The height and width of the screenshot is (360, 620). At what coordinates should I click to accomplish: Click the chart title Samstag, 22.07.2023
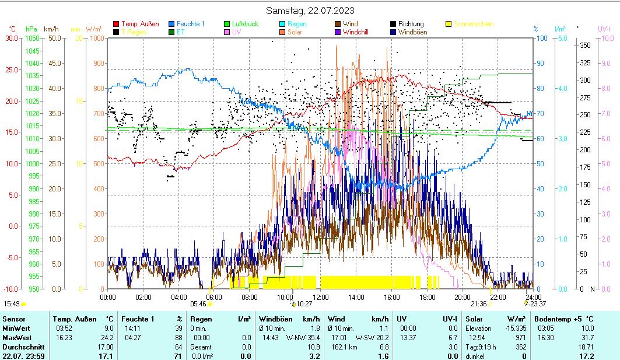(310, 11)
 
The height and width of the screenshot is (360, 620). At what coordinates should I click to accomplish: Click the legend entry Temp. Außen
(140, 24)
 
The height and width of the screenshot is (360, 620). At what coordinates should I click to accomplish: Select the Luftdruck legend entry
(245, 24)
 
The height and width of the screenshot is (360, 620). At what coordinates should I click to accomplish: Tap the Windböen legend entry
(414, 32)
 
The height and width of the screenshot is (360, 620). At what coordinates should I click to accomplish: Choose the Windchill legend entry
(359, 32)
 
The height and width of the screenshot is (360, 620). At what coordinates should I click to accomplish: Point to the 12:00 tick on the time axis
(321, 297)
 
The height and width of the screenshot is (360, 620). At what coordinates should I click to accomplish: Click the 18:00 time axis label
(428, 297)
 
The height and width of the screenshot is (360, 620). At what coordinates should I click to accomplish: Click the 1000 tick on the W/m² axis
(97, 38)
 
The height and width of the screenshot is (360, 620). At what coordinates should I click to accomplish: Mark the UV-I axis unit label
(604, 29)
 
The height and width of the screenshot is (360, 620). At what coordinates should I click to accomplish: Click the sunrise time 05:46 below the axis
(198, 304)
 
